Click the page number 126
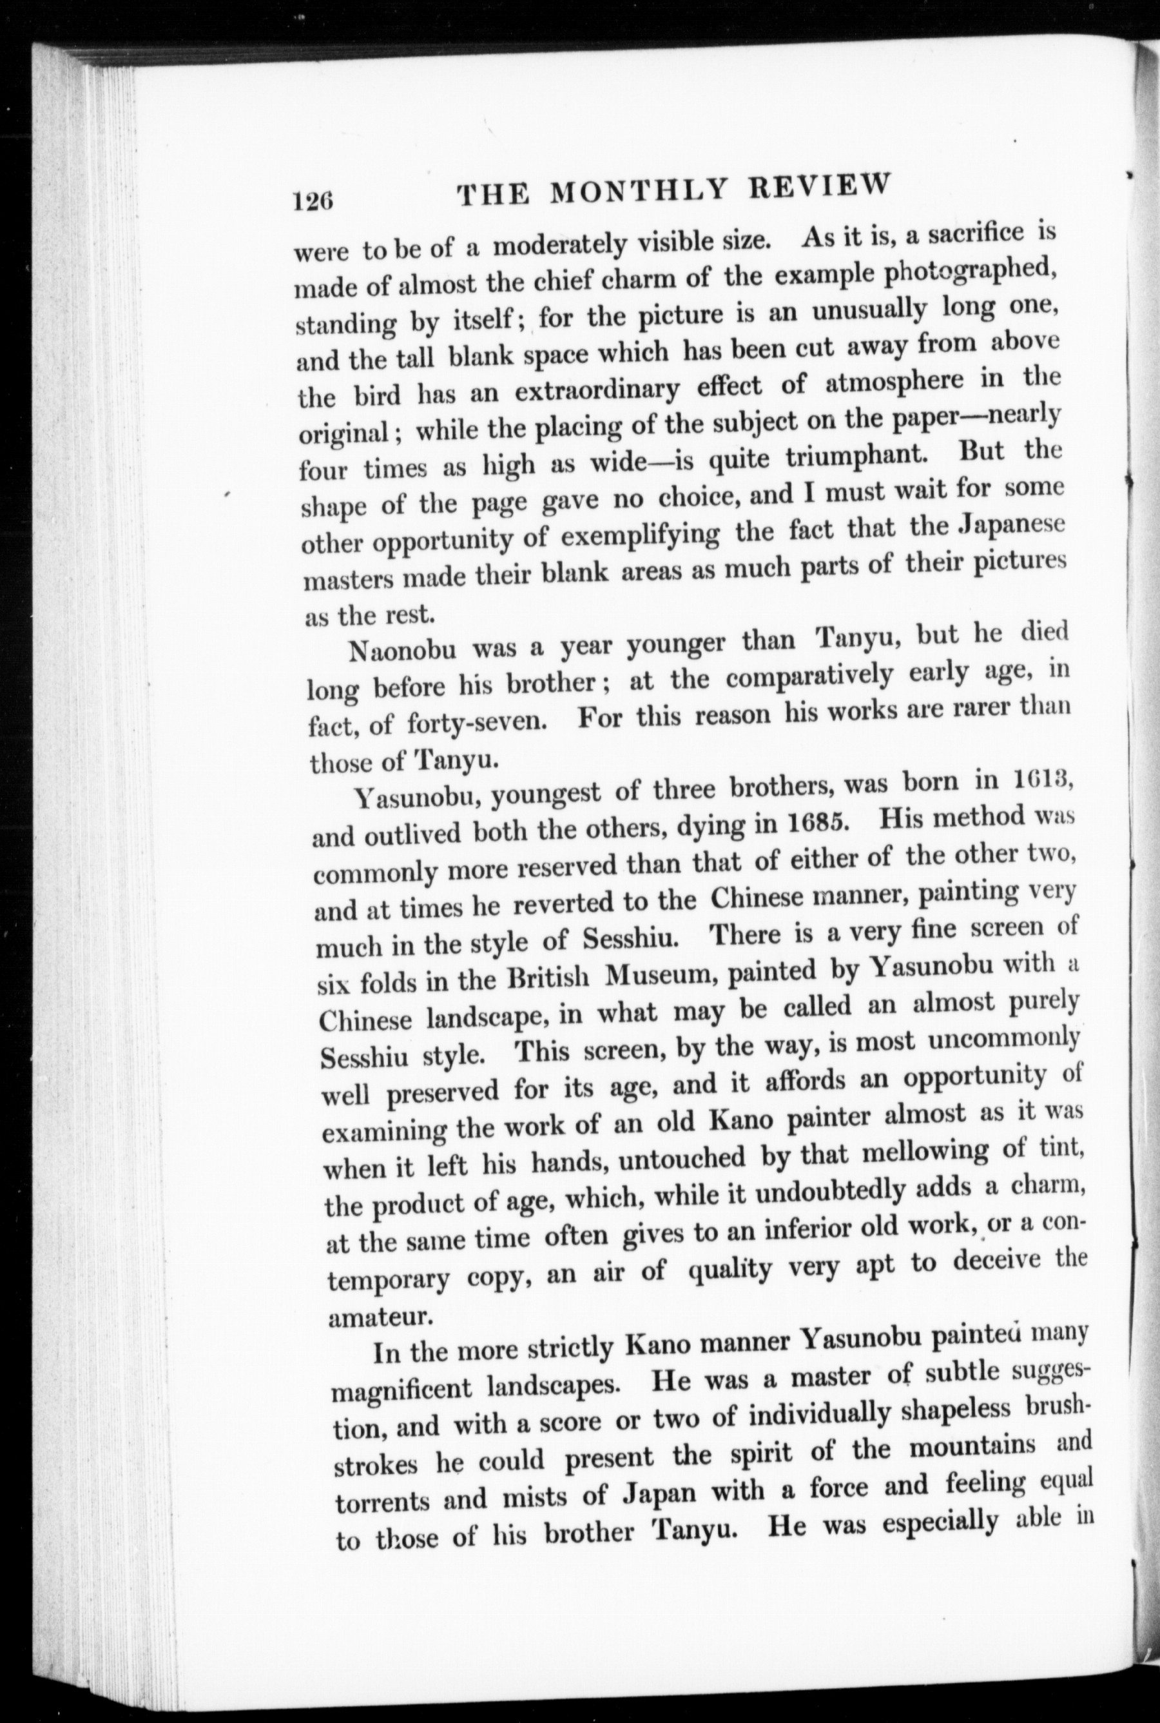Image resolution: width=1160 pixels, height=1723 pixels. (314, 201)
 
